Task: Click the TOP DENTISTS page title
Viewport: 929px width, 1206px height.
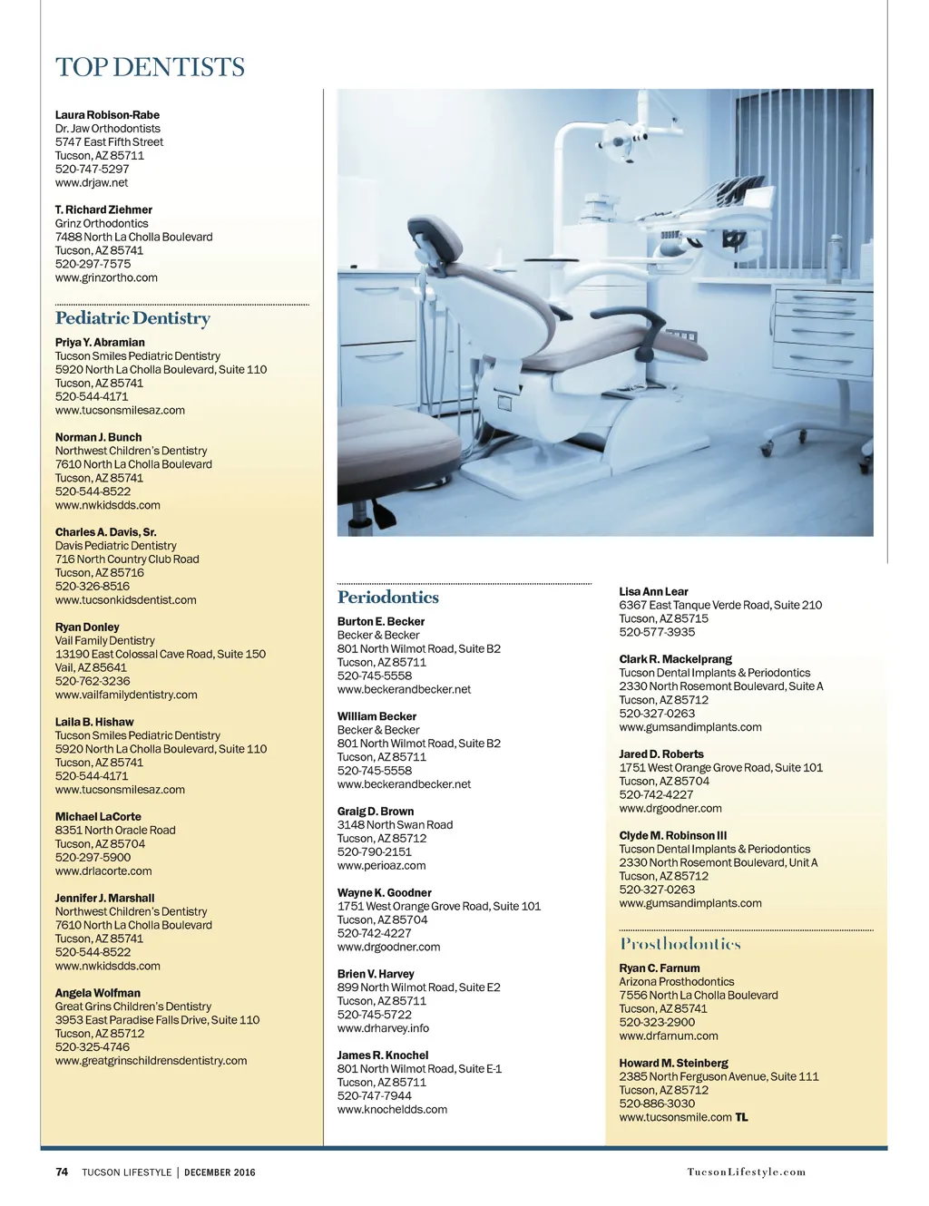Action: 150,67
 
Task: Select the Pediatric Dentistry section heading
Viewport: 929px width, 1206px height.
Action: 132,318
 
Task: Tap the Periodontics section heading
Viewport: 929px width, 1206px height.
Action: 387,598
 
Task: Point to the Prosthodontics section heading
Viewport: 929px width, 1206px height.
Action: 680,944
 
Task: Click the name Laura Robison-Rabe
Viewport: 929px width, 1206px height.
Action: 107,115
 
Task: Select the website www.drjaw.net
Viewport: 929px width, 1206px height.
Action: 91,182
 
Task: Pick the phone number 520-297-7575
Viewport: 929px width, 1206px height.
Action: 93,264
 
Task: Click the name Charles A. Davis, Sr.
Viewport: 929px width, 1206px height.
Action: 105,532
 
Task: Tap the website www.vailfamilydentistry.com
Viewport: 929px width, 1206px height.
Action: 126,695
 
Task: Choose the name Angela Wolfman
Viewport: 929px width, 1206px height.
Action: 97,993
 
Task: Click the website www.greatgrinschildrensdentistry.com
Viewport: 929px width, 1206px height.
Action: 151,1060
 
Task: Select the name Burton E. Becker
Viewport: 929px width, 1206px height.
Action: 380,622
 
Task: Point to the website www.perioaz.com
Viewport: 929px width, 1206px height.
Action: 381,865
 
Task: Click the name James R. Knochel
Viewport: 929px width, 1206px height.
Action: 382,1055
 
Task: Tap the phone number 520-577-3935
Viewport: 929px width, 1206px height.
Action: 657,632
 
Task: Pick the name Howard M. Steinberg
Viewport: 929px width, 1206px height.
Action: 673,1063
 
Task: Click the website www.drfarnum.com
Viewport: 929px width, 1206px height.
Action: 668,1036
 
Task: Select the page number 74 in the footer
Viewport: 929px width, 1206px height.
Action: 62,1172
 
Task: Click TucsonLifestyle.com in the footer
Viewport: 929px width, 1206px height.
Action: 746,1172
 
